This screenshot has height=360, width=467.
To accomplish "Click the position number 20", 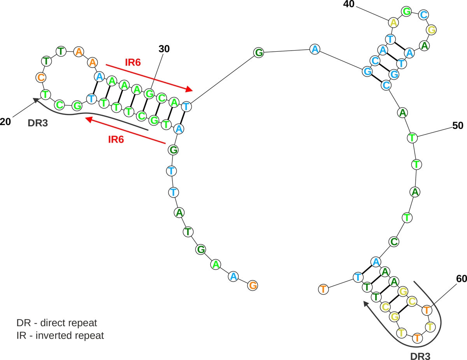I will pyautogui.click(x=5, y=121).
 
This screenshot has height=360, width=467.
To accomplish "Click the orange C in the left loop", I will pyautogui.click(x=40, y=77).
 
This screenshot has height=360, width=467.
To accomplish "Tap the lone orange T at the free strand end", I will pyautogui.click(x=323, y=289).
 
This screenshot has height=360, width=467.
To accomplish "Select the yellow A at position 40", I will pyautogui.click(x=394, y=23).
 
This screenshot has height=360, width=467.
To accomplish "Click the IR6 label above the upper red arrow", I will pyautogui.click(x=133, y=62).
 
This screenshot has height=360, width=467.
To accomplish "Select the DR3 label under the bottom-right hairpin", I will pyautogui.click(x=421, y=355).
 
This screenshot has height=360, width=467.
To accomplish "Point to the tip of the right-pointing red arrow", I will pyautogui.click(x=192, y=91).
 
